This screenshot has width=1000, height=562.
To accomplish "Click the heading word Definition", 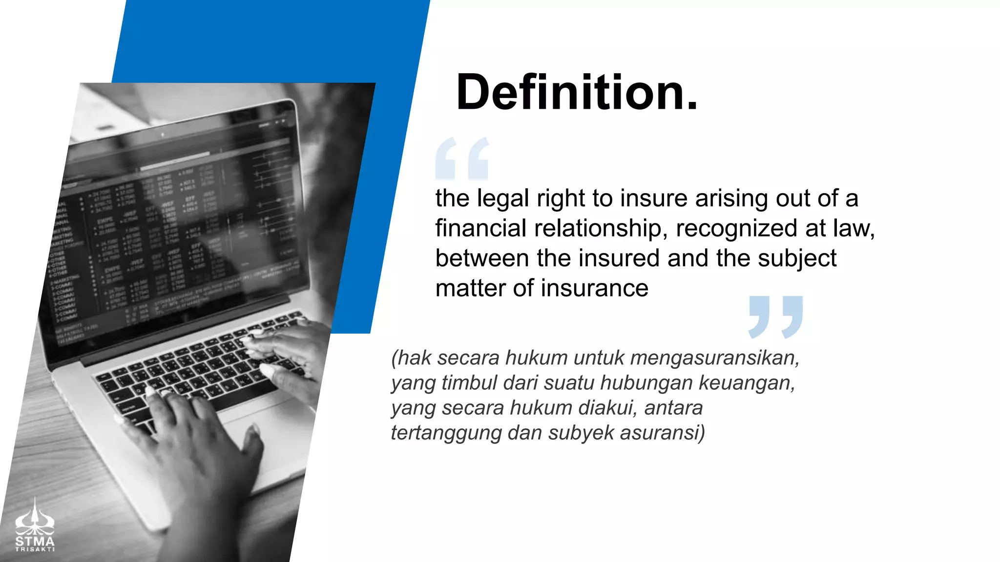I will point(576,92).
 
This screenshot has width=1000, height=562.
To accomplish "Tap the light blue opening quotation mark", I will point(461,159).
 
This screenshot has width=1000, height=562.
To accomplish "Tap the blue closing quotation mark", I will point(775,317).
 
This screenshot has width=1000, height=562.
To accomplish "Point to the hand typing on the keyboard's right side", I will point(288,356).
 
